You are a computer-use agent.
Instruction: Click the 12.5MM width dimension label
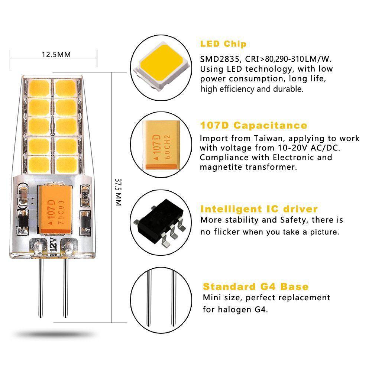pos(56,54)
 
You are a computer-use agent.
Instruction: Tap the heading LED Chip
pos(223,44)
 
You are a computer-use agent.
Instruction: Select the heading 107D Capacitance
pos(253,125)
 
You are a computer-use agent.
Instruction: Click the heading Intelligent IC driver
pos(259,209)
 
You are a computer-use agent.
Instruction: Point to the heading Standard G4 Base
pos(256,287)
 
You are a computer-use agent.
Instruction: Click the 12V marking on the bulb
pos(53,246)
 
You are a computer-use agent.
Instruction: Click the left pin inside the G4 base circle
pos(149,297)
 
